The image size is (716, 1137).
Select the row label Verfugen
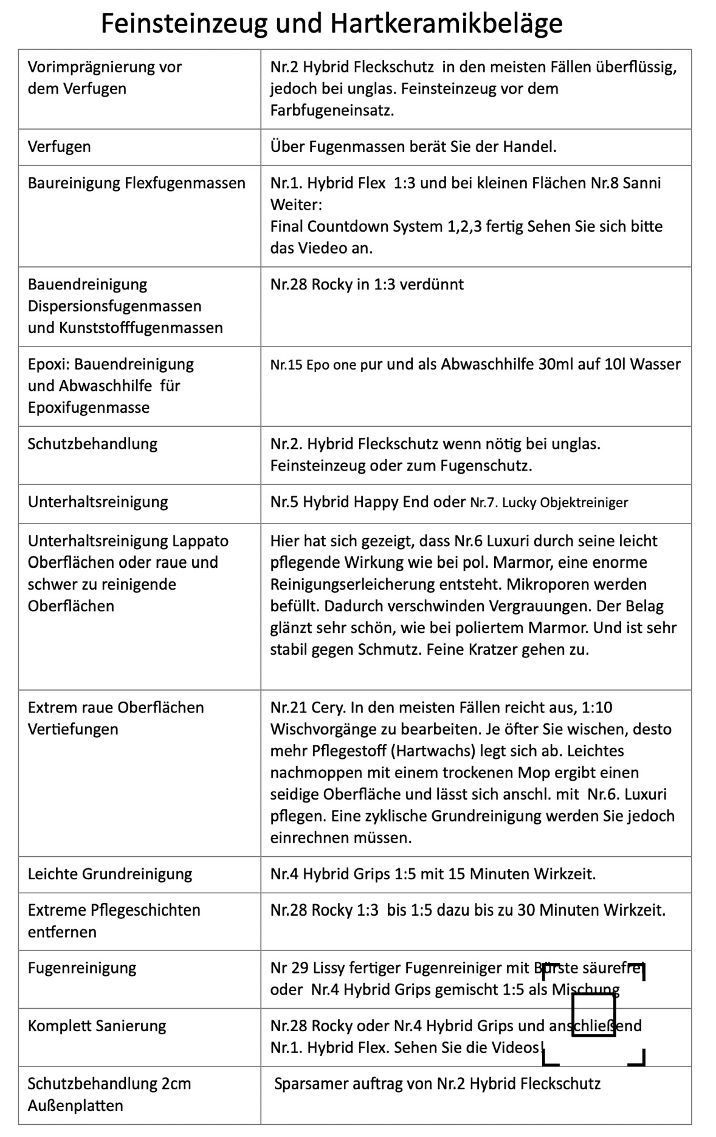[x=60, y=147]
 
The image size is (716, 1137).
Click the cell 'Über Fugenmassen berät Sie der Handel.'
[x=413, y=147]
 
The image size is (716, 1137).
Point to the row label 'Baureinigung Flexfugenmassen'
[x=137, y=183]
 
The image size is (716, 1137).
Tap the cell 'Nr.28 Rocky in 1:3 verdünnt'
[x=367, y=285]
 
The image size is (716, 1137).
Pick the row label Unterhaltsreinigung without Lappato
[x=98, y=502]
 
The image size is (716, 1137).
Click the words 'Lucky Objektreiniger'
[x=565, y=503]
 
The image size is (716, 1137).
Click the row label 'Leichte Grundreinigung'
[x=110, y=874]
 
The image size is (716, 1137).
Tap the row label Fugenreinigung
[x=82, y=968]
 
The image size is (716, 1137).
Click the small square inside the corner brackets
[x=594, y=1014]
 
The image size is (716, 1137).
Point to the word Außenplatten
[x=75, y=1105]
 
